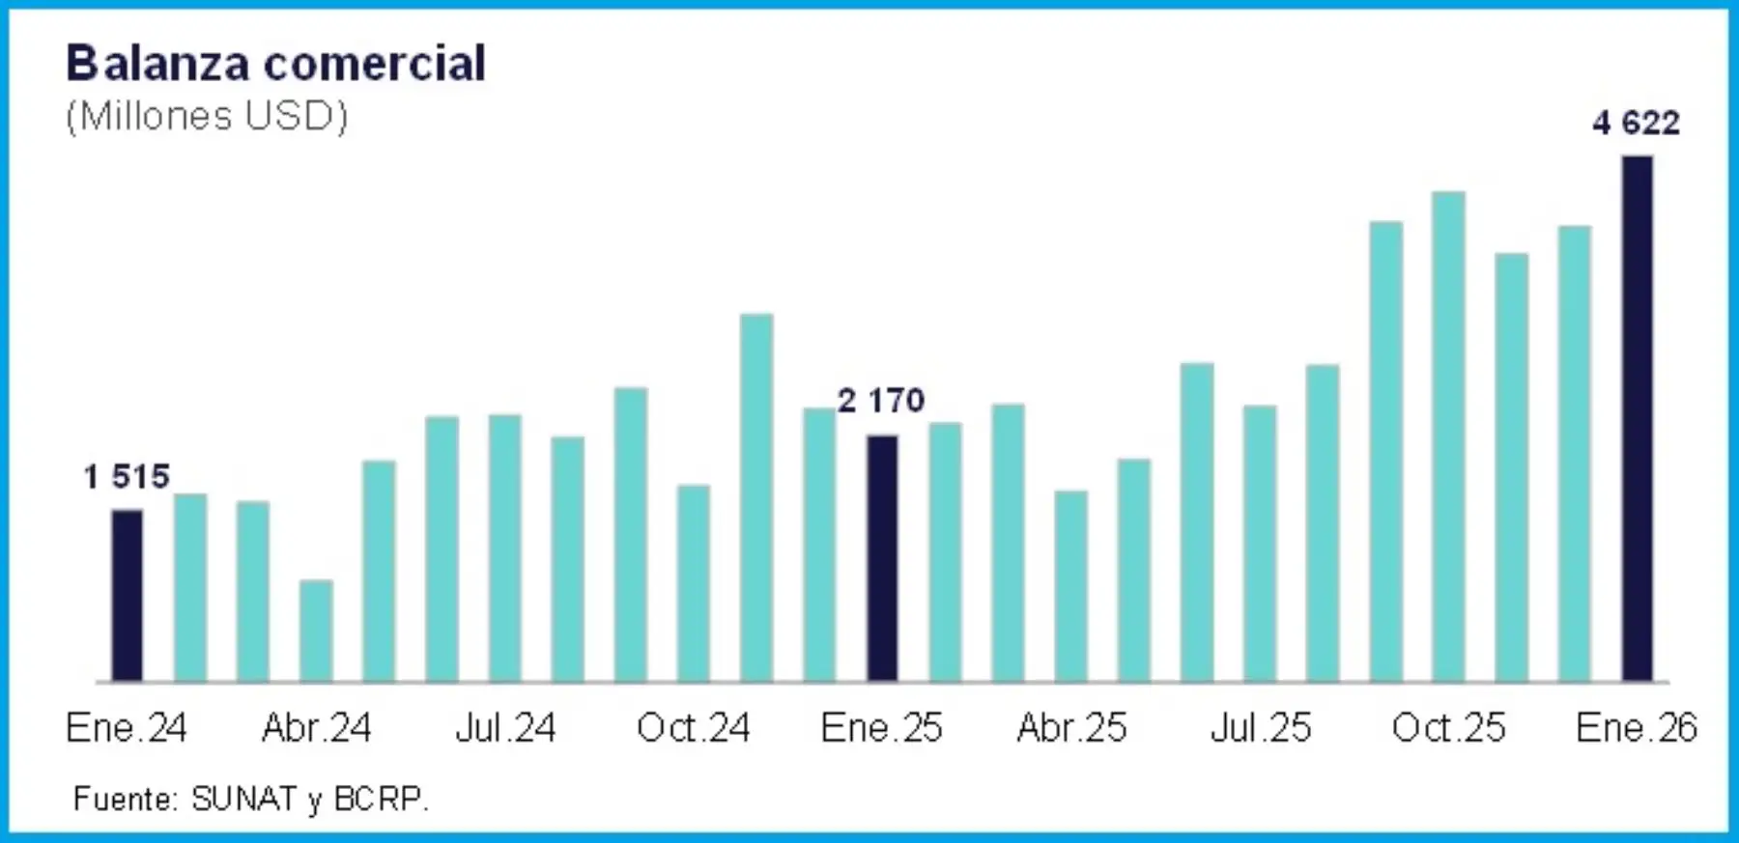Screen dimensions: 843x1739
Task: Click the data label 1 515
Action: pos(127,476)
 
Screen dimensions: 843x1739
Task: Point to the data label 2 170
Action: pos(881,400)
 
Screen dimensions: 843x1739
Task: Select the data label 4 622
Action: pos(1637,123)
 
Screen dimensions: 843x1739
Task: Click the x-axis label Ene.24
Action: pos(127,728)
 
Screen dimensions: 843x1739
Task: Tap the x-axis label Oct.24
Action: pos(694,728)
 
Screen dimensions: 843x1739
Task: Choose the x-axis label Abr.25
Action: pos(1071,728)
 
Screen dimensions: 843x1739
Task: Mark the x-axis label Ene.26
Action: pos(1637,728)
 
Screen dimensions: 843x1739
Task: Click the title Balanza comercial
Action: pos(276,64)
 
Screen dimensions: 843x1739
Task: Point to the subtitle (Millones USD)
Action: pos(207,116)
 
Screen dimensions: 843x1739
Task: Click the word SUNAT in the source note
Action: pos(243,800)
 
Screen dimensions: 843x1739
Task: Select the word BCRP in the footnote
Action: pos(378,800)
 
